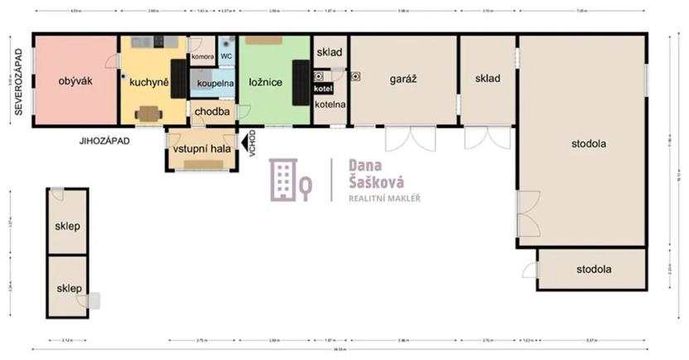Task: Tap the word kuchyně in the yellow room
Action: coord(149,83)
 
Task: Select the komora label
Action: coord(202,57)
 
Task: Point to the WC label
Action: coord(226,57)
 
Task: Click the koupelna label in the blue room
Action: coord(215,83)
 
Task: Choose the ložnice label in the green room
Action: coord(266,82)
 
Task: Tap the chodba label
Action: coord(211,112)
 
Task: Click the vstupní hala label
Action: coord(202,148)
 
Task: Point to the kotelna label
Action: coord(329,104)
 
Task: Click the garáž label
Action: coord(402,79)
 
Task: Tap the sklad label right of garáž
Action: coord(488,79)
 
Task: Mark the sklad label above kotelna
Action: coord(329,51)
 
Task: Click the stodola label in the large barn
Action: coord(588,143)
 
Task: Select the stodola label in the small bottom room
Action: coord(594,269)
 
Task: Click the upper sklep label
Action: coord(67,226)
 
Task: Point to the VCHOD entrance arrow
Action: coord(245,142)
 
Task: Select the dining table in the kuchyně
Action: coord(149,113)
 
